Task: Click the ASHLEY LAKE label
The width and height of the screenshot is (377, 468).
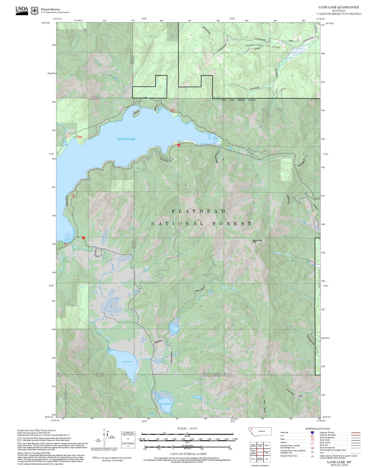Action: tap(126, 139)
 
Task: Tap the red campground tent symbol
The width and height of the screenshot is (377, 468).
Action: tap(179, 145)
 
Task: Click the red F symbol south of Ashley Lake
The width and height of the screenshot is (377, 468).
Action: tap(83, 238)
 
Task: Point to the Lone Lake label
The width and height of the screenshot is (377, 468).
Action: tap(127, 361)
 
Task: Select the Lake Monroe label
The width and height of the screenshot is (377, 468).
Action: tap(166, 404)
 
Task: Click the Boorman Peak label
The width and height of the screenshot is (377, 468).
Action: tap(257, 240)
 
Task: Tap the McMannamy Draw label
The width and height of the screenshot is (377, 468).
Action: tap(263, 46)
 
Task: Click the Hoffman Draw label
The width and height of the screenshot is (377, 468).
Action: tap(293, 393)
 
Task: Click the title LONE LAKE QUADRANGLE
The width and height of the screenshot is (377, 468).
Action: tap(338, 7)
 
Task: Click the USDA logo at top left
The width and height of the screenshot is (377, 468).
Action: tap(22, 10)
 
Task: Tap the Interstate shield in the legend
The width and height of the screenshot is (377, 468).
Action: tap(312, 433)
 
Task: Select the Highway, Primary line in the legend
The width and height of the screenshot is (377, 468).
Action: tap(356, 433)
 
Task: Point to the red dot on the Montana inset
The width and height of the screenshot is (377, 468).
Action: tap(252, 429)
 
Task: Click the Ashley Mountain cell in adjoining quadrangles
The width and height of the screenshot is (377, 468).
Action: tap(253, 445)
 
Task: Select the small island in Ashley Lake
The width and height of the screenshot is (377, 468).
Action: tap(159, 123)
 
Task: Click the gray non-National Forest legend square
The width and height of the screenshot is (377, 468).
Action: tap(19, 439)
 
